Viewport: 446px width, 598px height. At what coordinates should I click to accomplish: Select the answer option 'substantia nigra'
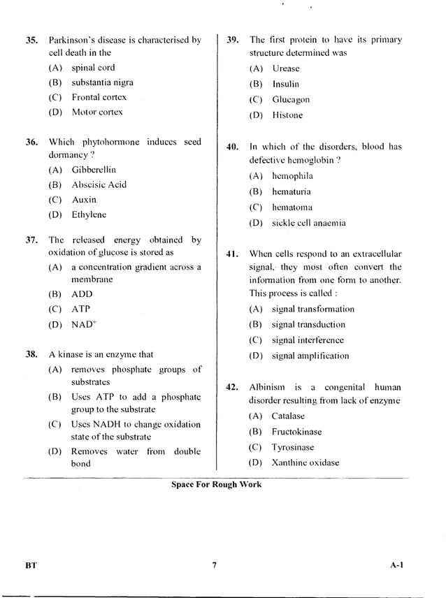pyautogui.click(x=102, y=82)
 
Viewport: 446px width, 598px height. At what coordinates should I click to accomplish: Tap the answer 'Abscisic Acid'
pyautogui.click(x=99, y=185)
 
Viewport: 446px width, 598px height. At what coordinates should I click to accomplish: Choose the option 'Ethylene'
pyautogui.click(x=89, y=215)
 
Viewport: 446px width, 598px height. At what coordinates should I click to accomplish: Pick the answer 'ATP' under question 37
pyautogui.click(x=80, y=309)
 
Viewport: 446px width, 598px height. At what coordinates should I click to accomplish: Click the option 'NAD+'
pyautogui.click(x=84, y=325)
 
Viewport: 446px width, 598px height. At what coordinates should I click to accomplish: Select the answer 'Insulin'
pyautogui.click(x=285, y=84)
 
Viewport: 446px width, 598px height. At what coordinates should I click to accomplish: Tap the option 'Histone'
pyautogui.click(x=287, y=115)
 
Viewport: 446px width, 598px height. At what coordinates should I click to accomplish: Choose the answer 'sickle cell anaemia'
pyautogui.click(x=308, y=224)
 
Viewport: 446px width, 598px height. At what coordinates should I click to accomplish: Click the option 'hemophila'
pyautogui.click(x=292, y=176)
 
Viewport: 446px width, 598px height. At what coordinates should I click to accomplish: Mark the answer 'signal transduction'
pyautogui.click(x=308, y=324)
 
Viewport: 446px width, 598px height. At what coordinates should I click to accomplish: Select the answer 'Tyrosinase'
pyautogui.click(x=292, y=447)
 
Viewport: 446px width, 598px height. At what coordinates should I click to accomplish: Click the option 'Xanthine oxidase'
pyautogui.click(x=305, y=462)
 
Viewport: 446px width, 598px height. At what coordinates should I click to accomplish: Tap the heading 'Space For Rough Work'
pyautogui.click(x=216, y=484)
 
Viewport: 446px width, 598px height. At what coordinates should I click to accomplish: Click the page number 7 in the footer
pyautogui.click(x=215, y=566)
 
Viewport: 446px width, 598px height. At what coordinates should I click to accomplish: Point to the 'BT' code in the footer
pyautogui.click(x=31, y=566)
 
